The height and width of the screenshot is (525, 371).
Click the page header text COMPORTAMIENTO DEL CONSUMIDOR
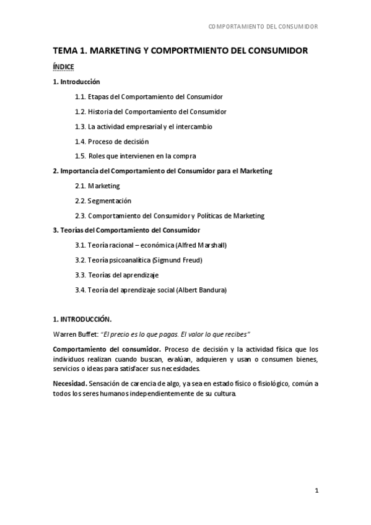pyautogui.click(x=263, y=27)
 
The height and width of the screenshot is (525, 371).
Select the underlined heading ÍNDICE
pyautogui.click(x=64, y=67)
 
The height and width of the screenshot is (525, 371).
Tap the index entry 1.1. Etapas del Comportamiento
pyautogui.click(x=149, y=97)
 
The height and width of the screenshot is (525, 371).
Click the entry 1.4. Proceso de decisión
pyautogui.click(x=111, y=142)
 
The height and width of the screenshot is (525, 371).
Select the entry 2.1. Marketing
pyautogui.click(x=97, y=186)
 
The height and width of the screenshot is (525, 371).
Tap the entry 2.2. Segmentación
pyautogui.click(x=103, y=201)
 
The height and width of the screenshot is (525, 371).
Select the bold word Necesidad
pyautogui.click(x=69, y=384)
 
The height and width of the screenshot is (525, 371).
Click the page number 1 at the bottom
pyautogui.click(x=316, y=491)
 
